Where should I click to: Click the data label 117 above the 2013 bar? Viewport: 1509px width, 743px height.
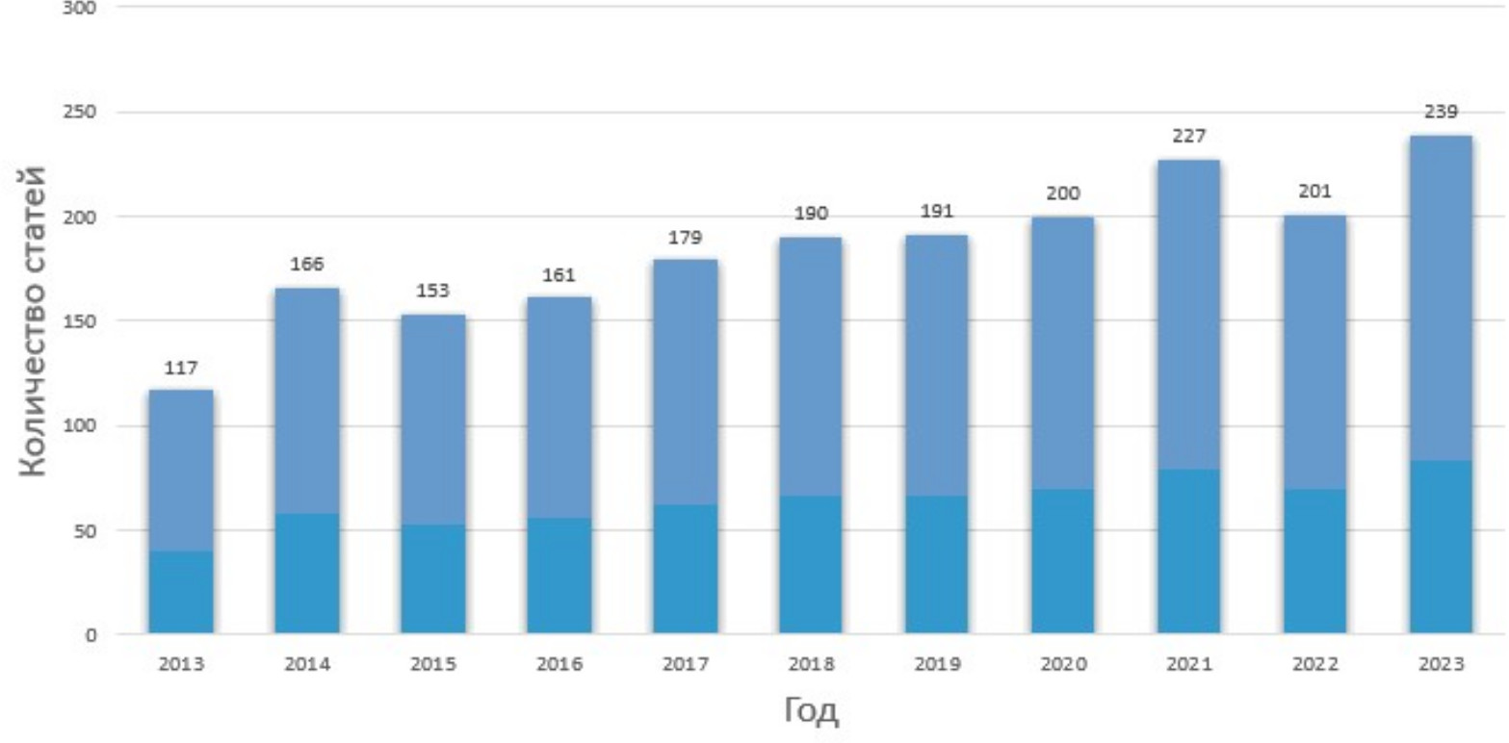[181, 368]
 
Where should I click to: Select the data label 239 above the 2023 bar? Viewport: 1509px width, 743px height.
[1441, 112]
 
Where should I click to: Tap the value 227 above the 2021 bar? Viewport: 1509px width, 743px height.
[1188, 137]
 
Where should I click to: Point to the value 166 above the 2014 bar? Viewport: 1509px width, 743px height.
[306, 265]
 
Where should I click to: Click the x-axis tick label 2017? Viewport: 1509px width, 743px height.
[685, 664]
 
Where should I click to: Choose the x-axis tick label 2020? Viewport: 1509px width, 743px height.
[1062, 664]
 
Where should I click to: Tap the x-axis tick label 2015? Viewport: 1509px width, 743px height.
[432, 664]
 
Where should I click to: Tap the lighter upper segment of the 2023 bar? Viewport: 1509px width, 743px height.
[1441, 298]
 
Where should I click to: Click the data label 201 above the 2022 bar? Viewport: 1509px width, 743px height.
[1314, 192]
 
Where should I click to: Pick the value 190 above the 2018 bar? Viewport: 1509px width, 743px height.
[811, 214]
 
